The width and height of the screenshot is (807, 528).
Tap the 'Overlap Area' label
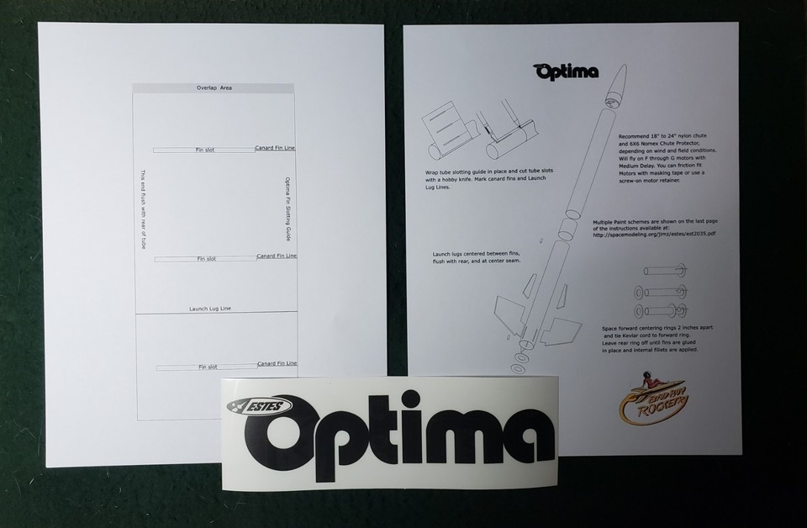(214, 87)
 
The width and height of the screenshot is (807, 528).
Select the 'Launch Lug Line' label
(209, 309)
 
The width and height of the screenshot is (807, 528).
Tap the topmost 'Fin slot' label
(205, 150)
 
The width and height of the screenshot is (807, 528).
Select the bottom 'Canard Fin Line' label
(276, 363)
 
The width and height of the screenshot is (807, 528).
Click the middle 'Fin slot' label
(206, 258)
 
